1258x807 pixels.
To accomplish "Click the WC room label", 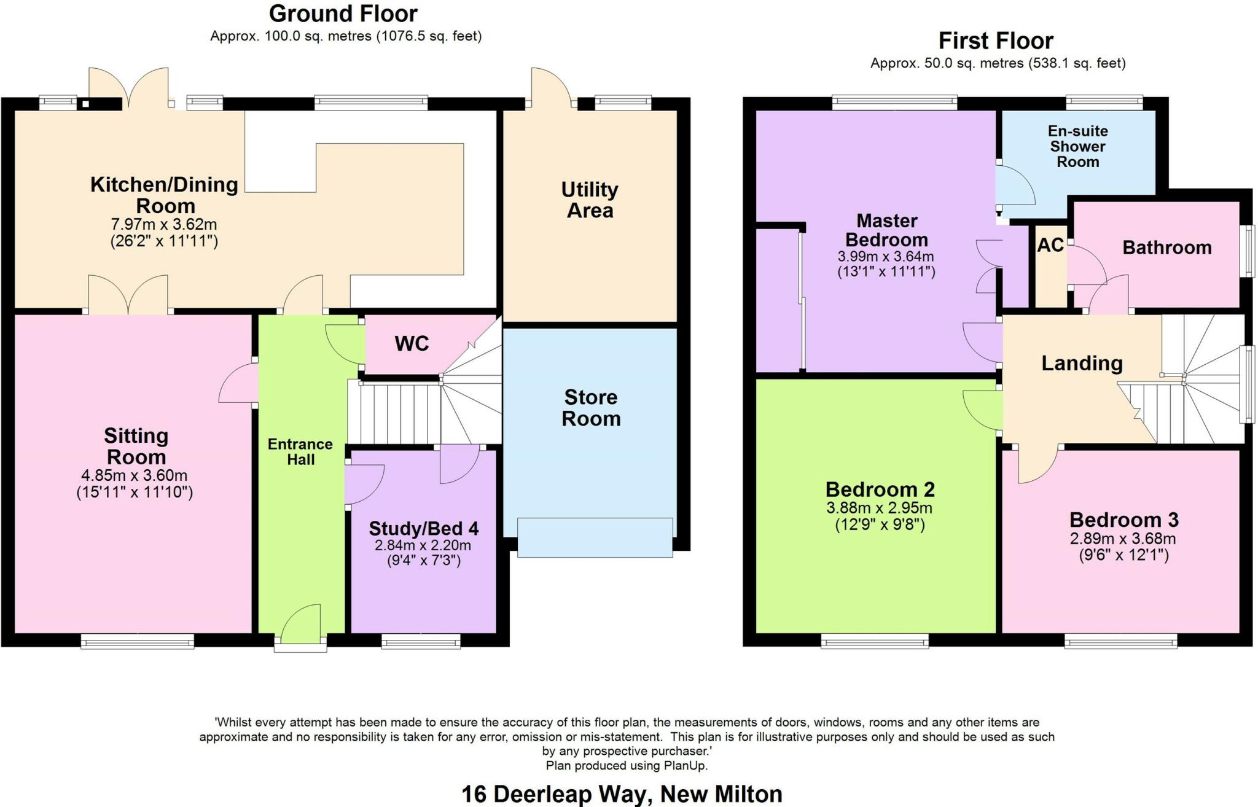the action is pos(412,343).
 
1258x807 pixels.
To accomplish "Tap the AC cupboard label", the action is pos(1050,245).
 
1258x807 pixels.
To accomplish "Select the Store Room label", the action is pos(591,408).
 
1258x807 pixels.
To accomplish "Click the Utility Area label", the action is pos(590,200).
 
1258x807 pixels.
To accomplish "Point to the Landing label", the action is pos(1082,363).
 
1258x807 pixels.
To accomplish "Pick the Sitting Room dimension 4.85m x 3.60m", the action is pos(135,475).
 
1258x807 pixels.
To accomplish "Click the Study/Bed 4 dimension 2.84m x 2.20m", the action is pos(423,545).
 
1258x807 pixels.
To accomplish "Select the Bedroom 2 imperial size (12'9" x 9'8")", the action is pos(880,524).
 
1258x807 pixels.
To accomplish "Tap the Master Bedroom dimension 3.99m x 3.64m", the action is pos(886,256).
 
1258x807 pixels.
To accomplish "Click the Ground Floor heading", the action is pos(343,14).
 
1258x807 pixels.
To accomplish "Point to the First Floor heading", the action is pos(996,41).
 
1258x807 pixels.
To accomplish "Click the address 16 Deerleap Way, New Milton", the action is pos(622,794).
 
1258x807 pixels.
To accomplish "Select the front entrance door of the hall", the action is pos(301,644).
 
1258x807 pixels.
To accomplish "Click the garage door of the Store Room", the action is pos(595,537).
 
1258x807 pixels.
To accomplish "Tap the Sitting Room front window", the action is pos(138,642).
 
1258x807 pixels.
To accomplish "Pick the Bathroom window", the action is pos(1248,251).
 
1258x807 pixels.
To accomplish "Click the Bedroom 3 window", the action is pos(1121,642).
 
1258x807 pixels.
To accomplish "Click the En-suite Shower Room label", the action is pos(1077,146).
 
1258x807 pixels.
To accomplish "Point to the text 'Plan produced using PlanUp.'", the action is pos(627,766).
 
